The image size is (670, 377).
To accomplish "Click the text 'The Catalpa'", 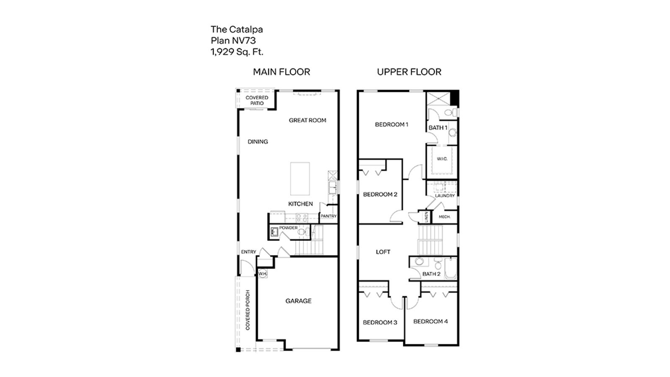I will point(237,29).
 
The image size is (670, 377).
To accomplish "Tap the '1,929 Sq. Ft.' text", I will point(237,52).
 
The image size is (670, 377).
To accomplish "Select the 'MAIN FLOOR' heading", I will point(281,72).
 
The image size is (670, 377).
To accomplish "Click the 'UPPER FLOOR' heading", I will point(409,72).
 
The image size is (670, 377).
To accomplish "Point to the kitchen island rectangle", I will point(300,179).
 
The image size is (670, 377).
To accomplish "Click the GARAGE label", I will point(299,301).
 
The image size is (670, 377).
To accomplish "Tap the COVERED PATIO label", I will point(257,101).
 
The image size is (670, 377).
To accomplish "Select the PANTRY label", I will point(328,217).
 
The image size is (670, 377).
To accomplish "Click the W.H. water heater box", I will point(263,274).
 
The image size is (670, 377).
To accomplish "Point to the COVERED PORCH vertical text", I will point(247,310).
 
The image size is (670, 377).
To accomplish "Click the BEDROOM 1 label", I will point(392,124).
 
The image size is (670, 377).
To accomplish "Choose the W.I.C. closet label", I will point(442,159).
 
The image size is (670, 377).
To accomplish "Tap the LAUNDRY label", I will point(445,196).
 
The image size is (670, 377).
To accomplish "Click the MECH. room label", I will point(445,217).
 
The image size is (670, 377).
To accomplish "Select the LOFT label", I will point(383,252).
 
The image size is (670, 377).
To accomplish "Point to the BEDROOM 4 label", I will point(430,321).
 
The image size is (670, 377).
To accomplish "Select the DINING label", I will point(258,142).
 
